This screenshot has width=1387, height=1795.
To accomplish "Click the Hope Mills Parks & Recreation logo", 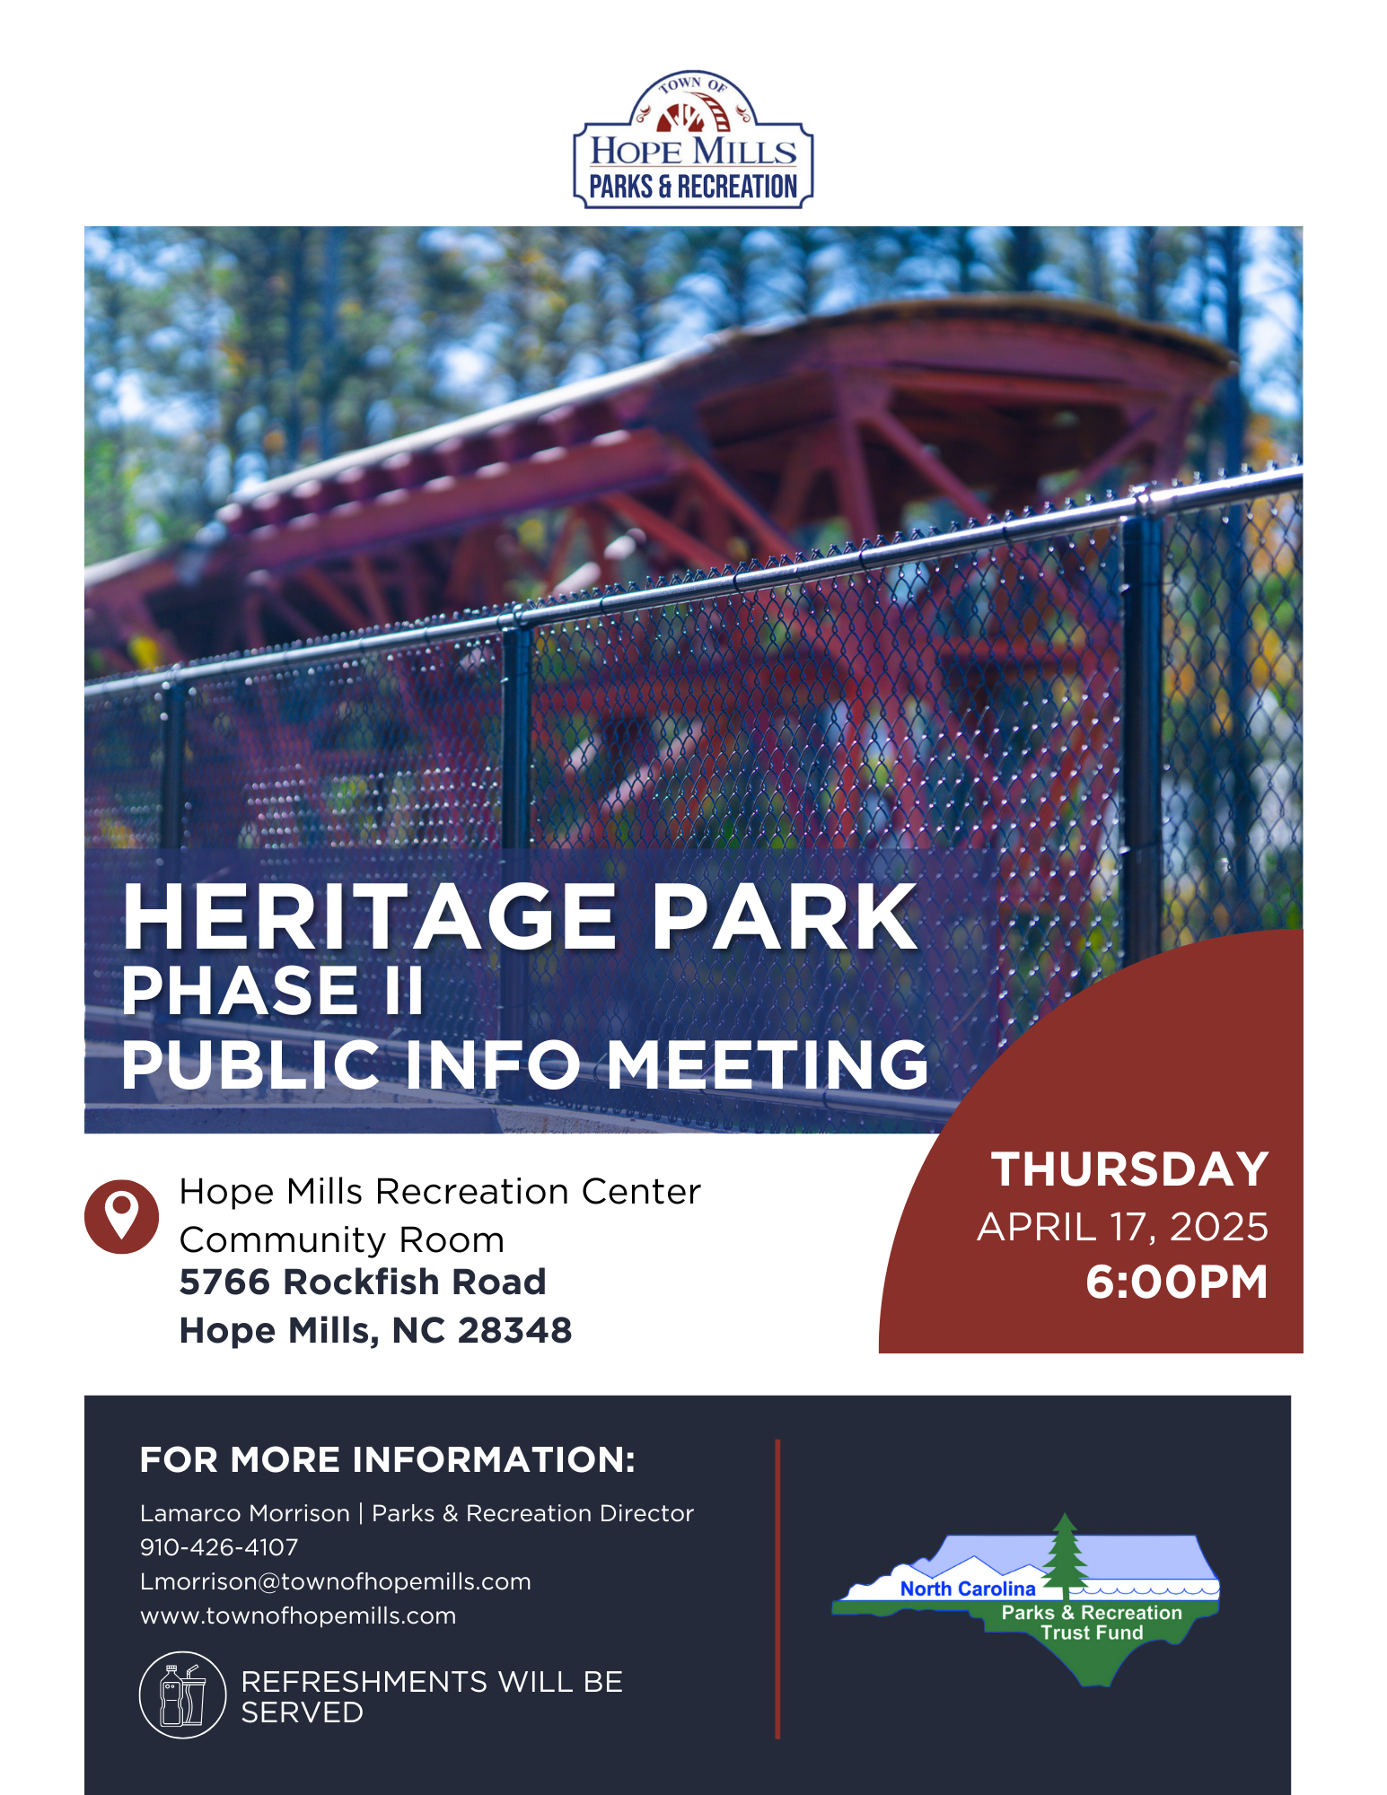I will pos(693,142).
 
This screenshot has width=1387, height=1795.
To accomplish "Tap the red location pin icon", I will pos(121,1216).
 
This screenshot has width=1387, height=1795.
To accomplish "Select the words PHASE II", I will pos(273,991).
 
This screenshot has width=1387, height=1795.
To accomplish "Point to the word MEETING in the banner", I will pos(768,1065).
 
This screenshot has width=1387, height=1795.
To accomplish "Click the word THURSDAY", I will pos(1129,1169).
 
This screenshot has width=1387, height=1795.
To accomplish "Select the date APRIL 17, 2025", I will pos(1122,1227).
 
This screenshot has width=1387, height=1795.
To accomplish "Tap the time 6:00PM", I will pos(1176,1282).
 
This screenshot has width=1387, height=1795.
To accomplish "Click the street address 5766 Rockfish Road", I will pos(363,1282).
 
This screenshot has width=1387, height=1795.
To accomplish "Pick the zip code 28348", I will pos(514,1330).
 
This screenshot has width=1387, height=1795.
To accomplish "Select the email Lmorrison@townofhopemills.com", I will pos(336,1581).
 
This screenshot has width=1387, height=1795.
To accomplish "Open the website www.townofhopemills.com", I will pos(298,1615).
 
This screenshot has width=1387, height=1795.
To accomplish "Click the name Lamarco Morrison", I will pos(244,1513).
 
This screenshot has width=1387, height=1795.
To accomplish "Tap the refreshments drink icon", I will pos(182,1695).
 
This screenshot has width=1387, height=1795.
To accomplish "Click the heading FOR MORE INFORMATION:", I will pos(388,1460).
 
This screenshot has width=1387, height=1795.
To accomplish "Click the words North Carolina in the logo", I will pos(968,1589).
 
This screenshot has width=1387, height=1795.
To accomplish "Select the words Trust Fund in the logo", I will pos(1092,1633).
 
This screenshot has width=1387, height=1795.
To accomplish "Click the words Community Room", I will pos(342,1240).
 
